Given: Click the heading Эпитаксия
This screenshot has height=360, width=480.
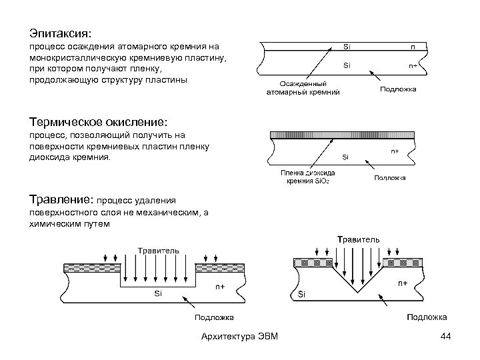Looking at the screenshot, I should (63, 31).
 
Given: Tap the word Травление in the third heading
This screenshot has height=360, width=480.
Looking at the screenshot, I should (61, 198).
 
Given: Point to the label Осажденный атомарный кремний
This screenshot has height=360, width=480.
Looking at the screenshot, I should (303, 89).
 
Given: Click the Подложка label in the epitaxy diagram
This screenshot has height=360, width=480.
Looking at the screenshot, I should (398, 89).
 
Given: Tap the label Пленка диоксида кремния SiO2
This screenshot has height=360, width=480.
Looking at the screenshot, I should (307, 177).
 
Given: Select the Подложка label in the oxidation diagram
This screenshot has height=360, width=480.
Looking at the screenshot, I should (390, 178).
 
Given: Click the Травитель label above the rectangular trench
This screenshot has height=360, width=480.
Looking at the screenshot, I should (158, 249).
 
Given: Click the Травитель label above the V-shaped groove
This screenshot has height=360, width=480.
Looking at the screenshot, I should (359, 239).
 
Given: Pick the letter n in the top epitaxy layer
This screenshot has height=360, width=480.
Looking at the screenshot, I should (413, 47).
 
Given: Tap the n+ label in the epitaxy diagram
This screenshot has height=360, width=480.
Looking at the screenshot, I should (413, 66).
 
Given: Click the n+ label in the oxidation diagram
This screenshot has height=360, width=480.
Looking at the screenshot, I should (395, 151).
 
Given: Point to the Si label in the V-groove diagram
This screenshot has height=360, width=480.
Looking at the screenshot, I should (302, 294).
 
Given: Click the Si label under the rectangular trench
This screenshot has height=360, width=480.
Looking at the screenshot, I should (158, 293).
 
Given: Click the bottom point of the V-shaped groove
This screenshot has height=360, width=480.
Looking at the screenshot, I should (357, 293).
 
